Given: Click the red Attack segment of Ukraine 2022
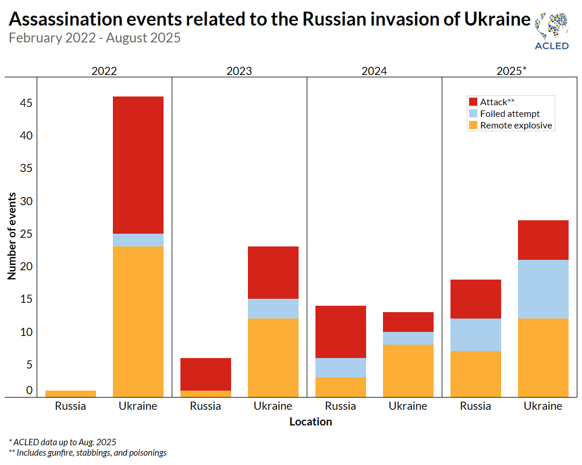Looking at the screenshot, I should coord(138,165).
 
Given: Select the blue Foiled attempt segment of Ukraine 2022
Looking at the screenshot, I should coord(138,240).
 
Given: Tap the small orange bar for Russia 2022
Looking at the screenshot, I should coord(70,394).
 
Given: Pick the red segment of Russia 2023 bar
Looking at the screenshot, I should coord(205,374).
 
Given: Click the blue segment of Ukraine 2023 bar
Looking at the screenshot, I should coord(273,309).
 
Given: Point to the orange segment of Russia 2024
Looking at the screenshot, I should coord(340,387).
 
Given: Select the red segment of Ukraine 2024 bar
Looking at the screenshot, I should coord(408,322).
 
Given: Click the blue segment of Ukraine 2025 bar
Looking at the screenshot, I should coord(543,289).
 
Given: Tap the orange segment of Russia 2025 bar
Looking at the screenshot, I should coord(475,374).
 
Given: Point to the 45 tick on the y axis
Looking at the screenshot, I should coord(24,103).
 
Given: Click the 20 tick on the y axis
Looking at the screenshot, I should coord(24,267).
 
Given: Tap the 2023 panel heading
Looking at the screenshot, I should coord(239,71).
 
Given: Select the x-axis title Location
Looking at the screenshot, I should coord(311,421).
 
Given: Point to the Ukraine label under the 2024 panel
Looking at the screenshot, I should coord(408,406).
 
